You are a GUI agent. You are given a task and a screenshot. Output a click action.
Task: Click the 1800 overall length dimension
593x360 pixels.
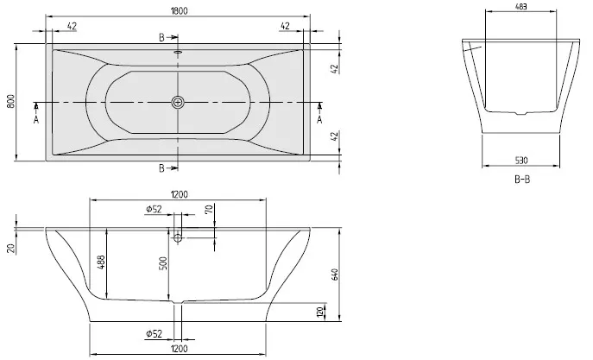click(179, 11)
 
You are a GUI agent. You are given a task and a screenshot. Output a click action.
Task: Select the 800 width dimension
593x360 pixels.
click(10, 101)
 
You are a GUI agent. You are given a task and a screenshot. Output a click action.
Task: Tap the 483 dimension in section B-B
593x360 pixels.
click(521, 6)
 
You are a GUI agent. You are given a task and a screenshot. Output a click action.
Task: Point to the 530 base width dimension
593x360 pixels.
click(521, 161)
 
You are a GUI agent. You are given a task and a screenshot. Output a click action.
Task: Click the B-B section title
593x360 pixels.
click(522, 180)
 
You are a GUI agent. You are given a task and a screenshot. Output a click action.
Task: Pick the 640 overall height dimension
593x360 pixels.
click(335, 275)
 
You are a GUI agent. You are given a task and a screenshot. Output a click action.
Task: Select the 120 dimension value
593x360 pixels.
click(320, 312)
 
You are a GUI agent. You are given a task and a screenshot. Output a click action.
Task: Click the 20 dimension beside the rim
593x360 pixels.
click(11, 248)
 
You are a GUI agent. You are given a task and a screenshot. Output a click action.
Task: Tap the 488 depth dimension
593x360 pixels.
click(101, 262)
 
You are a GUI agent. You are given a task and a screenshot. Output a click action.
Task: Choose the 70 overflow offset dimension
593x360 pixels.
click(209, 209)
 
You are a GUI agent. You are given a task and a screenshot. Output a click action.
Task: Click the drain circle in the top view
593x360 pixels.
click(178, 102)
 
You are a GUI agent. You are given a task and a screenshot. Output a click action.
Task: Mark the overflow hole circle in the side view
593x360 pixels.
click(178, 238)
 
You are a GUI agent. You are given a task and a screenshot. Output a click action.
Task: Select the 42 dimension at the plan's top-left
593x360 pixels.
click(72, 26)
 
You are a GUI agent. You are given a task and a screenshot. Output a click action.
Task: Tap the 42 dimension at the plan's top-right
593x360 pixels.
click(285, 26)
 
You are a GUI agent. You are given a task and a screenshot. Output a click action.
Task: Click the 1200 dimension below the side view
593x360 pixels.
click(179, 348)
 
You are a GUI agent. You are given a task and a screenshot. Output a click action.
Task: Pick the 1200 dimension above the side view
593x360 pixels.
click(180, 195)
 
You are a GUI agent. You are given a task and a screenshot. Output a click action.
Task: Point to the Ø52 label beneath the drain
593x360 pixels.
click(154, 333)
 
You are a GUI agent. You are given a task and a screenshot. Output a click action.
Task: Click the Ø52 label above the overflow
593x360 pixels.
click(154, 209)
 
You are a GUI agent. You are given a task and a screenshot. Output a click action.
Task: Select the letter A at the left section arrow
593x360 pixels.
click(36, 120)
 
